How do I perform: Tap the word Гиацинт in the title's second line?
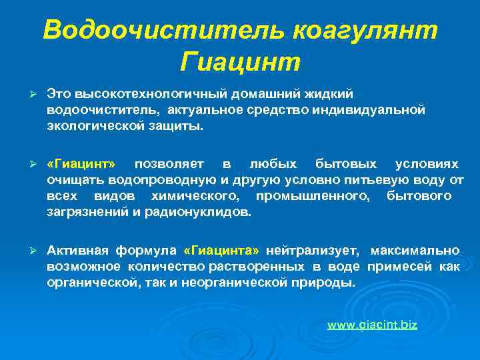(241, 63)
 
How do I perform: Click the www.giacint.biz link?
(372, 325)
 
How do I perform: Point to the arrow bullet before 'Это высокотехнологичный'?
(27, 95)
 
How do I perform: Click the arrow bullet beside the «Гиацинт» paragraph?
(27, 164)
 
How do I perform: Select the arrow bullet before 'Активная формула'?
(27, 251)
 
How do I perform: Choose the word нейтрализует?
(312, 251)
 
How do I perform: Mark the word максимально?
(415, 251)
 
